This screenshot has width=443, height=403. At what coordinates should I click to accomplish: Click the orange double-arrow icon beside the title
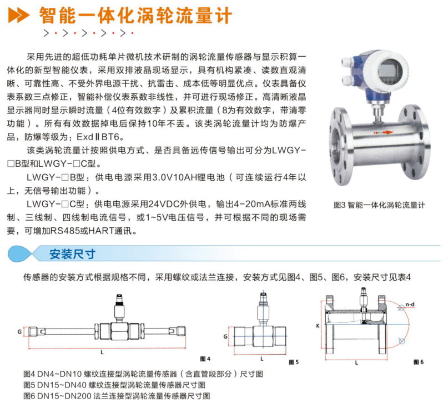(19, 14)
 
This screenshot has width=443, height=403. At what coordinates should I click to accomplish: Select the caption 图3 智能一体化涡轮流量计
(379, 205)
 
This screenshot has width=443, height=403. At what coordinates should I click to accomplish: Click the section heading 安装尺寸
(72, 254)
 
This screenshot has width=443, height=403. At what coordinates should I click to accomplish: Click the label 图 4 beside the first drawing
(205, 359)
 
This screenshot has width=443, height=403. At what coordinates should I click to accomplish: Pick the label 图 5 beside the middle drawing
(294, 362)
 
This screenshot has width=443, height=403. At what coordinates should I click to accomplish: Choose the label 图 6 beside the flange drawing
(419, 362)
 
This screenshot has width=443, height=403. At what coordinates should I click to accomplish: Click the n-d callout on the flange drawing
(410, 304)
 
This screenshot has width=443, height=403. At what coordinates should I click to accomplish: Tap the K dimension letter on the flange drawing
(318, 326)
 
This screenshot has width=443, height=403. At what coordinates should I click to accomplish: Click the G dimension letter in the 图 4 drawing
(19, 332)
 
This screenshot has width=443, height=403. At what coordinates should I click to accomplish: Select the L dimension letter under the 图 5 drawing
(262, 359)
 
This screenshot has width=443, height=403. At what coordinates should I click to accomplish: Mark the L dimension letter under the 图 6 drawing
(356, 362)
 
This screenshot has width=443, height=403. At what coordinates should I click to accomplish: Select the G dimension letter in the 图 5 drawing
(225, 336)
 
